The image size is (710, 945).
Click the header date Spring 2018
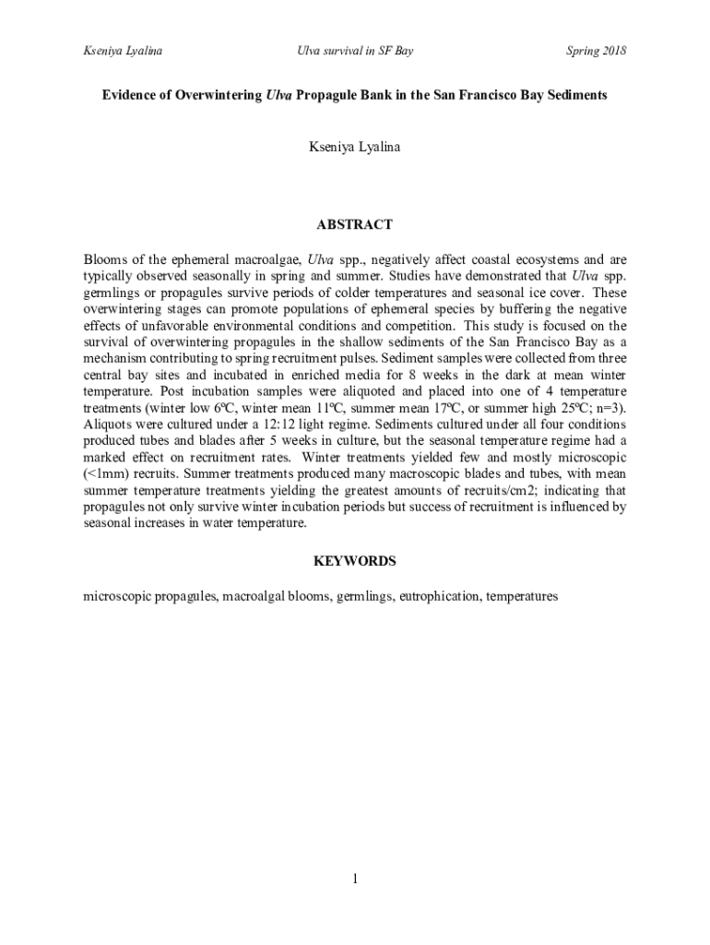pos(596,51)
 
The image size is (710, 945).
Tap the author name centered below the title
pos(355,147)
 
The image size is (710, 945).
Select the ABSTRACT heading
pos(355,224)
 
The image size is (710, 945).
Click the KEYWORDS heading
pos(355,561)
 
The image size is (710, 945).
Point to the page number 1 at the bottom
pos(355,879)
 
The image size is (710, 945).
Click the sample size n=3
pos(610,408)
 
